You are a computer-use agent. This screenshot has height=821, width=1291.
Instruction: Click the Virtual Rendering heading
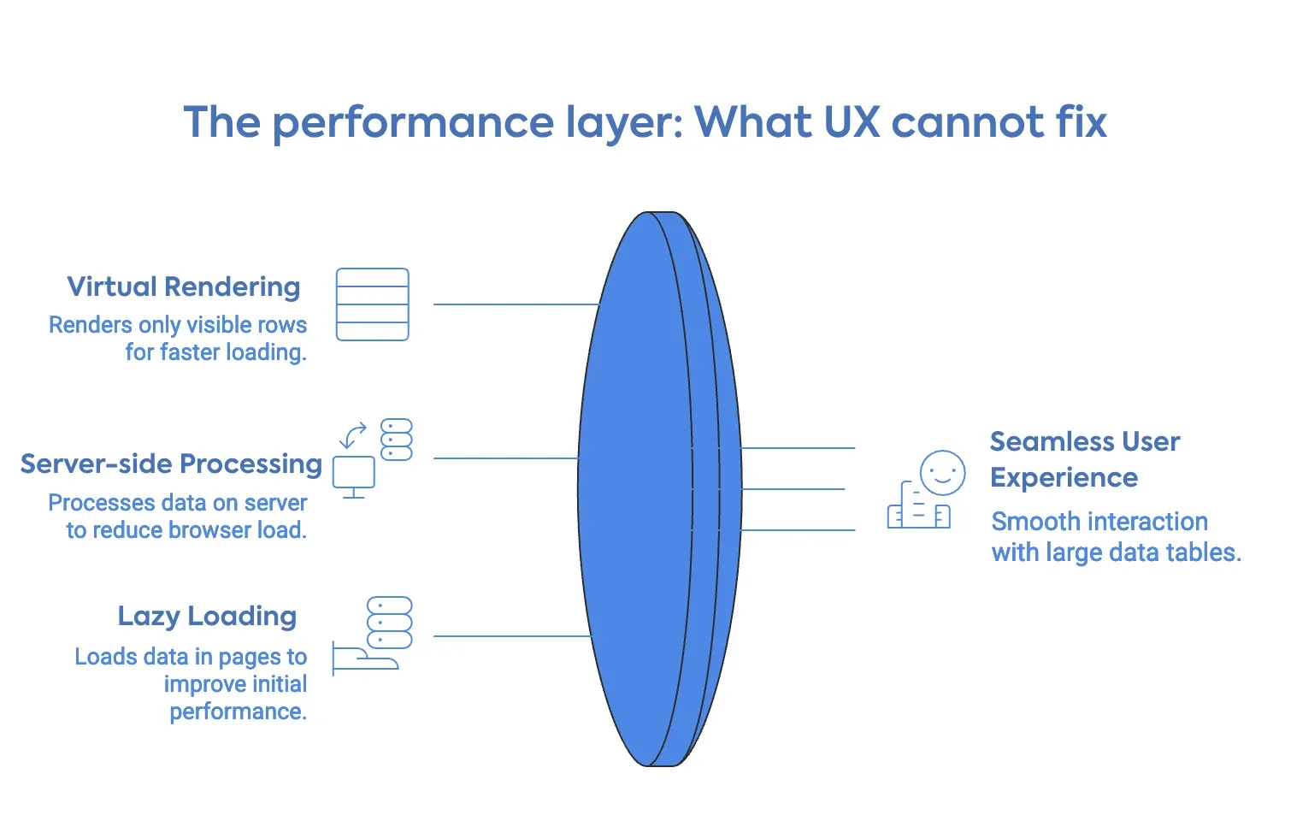tap(184, 286)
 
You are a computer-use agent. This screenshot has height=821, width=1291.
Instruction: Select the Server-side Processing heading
tap(171, 464)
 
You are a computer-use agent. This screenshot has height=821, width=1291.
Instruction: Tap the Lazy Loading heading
tap(207, 616)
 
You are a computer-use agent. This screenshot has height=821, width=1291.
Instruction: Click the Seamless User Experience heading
tap(1084, 459)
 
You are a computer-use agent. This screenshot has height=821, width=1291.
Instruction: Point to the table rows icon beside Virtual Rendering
tap(372, 304)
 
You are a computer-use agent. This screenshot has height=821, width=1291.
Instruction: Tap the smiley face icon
tap(942, 472)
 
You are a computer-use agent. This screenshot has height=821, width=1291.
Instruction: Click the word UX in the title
tap(852, 121)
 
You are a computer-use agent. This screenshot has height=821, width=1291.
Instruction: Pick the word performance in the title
tap(413, 123)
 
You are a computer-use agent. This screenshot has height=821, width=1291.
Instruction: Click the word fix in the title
tap(1081, 121)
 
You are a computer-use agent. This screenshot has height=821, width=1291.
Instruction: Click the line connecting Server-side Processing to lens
tap(506, 458)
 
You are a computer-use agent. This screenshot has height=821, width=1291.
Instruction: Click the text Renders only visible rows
tap(178, 325)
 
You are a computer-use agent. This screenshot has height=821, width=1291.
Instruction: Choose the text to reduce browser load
tap(186, 530)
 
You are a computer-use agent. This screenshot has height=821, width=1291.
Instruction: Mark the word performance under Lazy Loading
tap(238, 712)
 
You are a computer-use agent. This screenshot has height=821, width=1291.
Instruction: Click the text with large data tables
tap(1116, 552)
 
